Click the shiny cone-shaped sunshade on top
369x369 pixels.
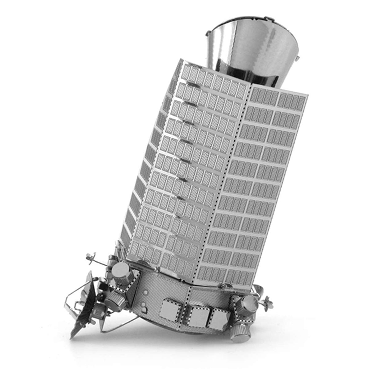pyautogui.click(x=252, y=46)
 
